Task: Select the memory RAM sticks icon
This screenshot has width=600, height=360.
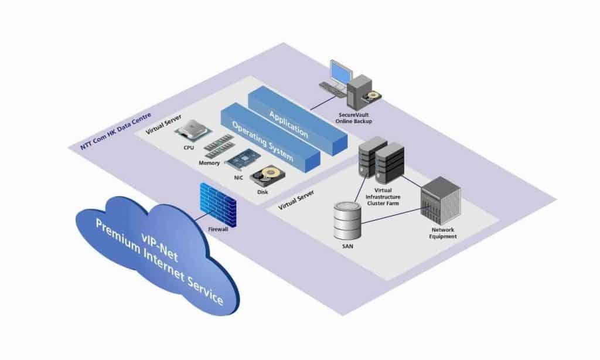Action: [x=219, y=146]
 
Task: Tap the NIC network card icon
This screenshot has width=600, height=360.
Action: [x=243, y=160]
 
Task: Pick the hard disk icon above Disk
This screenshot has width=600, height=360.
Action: [x=267, y=176]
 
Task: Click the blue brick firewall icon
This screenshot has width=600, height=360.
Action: [x=218, y=205]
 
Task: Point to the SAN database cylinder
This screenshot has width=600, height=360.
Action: [x=347, y=221]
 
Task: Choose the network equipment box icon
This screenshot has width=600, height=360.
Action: [x=441, y=201]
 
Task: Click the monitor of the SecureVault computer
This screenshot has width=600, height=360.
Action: [x=340, y=72]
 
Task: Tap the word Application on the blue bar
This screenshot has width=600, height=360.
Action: [x=288, y=124]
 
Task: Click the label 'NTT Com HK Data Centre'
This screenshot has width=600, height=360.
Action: [x=115, y=131]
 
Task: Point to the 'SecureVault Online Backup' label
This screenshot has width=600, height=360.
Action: [x=353, y=118]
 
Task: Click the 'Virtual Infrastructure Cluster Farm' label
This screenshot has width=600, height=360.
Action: [x=383, y=197]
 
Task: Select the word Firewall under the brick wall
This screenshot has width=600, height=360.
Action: [x=218, y=229]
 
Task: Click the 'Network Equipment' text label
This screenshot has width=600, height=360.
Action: [x=443, y=233]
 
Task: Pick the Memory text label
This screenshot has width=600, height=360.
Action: [x=209, y=163]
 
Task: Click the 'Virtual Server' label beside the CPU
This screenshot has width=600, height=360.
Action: [x=163, y=124]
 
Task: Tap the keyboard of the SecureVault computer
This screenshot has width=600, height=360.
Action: [x=332, y=87]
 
